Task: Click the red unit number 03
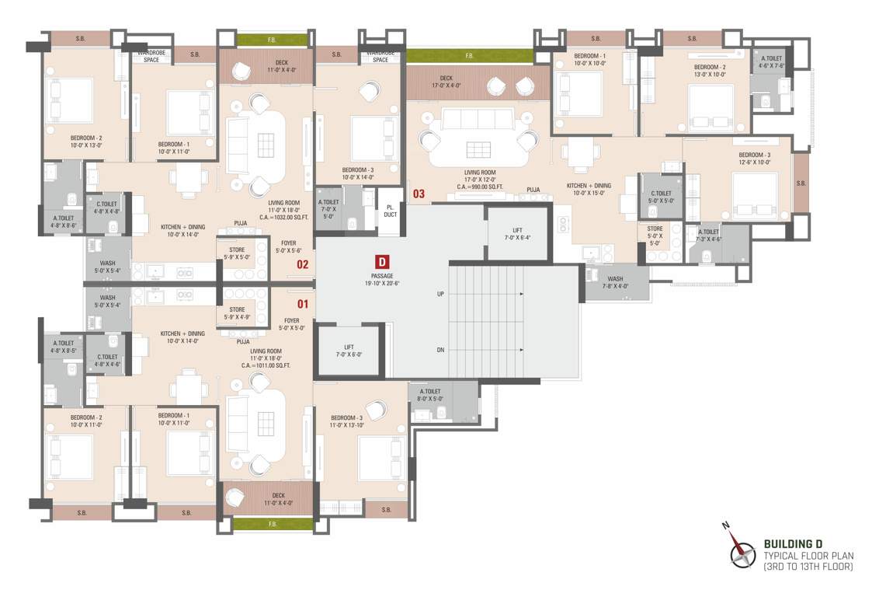[x=419, y=194]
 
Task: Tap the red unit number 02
[x=302, y=264]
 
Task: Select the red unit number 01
[x=302, y=304]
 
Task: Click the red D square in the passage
[x=382, y=262]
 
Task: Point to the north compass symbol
[x=742, y=553]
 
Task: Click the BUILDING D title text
[x=793, y=543]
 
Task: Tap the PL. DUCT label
[x=390, y=210]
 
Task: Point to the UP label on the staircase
[x=440, y=295]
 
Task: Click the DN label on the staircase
[x=440, y=351]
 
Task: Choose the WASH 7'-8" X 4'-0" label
[x=615, y=282]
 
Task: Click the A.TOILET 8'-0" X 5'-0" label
[x=430, y=395]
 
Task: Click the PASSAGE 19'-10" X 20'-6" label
[x=382, y=280]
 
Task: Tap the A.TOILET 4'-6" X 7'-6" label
[x=771, y=63]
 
